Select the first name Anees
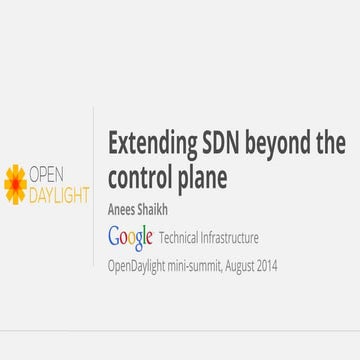pyautogui.click(x=124, y=212)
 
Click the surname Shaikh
pyautogui.click(x=161, y=212)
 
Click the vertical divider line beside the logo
pyautogui.click(x=97, y=180)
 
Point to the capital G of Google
pyautogui.click(x=115, y=237)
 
